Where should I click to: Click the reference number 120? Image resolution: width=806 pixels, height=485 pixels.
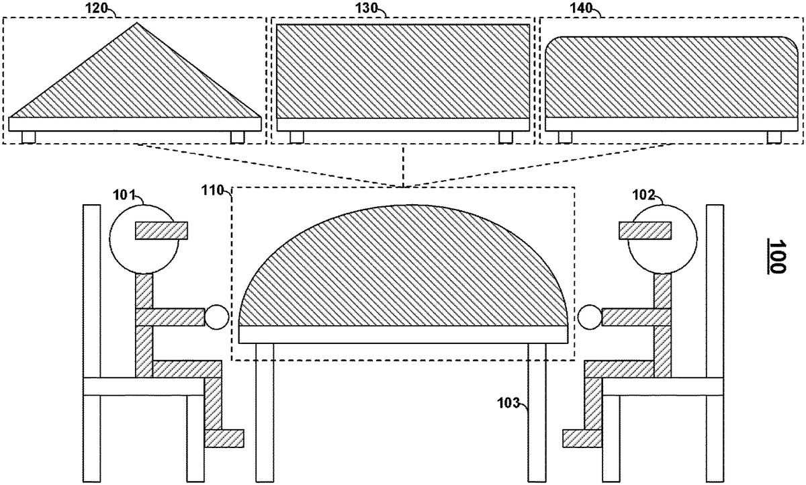point(96,8)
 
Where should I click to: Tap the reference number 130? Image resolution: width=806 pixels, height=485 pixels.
point(366,8)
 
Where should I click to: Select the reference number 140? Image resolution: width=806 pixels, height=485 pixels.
point(582,8)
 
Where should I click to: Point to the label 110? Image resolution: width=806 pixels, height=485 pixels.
point(212,190)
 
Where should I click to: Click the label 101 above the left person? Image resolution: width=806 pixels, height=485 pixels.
point(124,195)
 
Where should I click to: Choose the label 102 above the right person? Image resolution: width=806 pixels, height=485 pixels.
point(643,195)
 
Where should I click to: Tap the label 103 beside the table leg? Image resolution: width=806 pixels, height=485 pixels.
point(509,403)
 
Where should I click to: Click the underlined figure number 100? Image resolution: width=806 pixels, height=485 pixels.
point(777,257)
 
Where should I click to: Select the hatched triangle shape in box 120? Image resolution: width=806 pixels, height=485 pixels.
point(135,83)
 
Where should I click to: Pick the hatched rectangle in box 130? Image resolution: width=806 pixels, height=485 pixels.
point(403,71)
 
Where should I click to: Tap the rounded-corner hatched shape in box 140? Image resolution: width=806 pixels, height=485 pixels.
point(672,77)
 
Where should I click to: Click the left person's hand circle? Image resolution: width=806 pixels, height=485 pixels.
point(217,317)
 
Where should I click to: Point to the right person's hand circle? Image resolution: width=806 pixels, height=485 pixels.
point(590,317)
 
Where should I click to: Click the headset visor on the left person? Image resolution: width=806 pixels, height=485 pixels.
point(161,230)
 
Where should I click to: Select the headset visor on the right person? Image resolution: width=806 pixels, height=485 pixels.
point(645,230)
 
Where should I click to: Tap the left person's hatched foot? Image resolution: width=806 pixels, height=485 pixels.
point(224,438)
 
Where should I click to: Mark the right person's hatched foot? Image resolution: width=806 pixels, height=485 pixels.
point(582,438)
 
